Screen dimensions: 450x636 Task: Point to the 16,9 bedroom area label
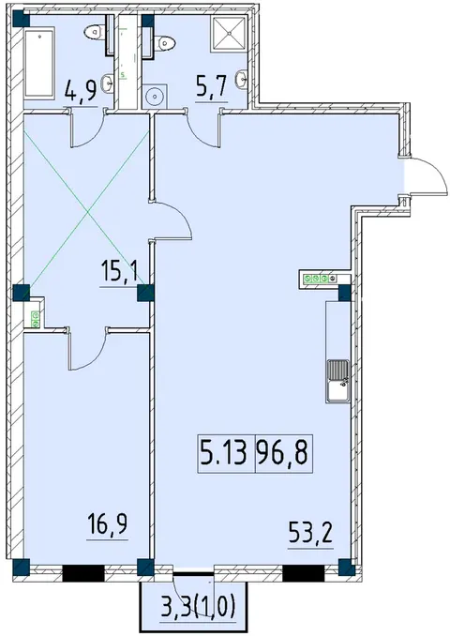coord(107,524)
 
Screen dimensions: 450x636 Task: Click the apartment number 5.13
coord(223,453)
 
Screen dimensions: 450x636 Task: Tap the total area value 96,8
coord(284,453)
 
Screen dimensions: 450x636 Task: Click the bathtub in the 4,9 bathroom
coord(39,63)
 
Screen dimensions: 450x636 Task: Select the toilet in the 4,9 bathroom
coord(96,32)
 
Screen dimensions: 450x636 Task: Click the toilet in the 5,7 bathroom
coord(164,42)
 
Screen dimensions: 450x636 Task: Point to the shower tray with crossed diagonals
coord(228,34)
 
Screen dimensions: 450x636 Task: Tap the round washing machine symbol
coord(155,97)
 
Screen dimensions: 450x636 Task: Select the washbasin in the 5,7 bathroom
coord(242,78)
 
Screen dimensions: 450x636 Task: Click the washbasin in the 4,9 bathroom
coord(108,83)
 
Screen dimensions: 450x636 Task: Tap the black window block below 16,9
coord(83,573)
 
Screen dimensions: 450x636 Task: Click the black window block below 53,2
coord(303,573)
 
